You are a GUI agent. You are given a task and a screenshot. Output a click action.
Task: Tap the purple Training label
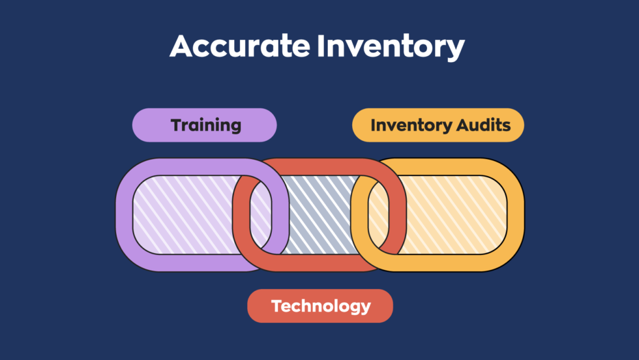(x=205, y=125)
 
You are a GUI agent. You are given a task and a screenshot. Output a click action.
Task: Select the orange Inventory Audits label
(x=438, y=125)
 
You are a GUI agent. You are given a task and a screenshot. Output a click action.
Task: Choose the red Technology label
(x=320, y=306)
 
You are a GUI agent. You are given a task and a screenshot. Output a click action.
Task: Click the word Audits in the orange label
(x=484, y=125)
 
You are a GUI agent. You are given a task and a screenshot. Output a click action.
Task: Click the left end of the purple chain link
(x=125, y=215)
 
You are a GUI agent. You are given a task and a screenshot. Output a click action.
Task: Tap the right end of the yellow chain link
(x=515, y=215)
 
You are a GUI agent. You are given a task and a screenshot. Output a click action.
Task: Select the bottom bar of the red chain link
(x=313, y=262)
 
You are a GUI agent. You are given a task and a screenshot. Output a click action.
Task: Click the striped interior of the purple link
(x=183, y=215)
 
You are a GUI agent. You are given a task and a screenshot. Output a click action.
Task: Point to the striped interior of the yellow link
(x=450, y=215)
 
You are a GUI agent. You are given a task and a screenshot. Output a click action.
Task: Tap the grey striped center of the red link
(x=319, y=215)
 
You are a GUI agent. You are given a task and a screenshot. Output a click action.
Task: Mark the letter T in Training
(x=177, y=125)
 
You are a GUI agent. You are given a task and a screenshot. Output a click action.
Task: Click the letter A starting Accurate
(x=183, y=47)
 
